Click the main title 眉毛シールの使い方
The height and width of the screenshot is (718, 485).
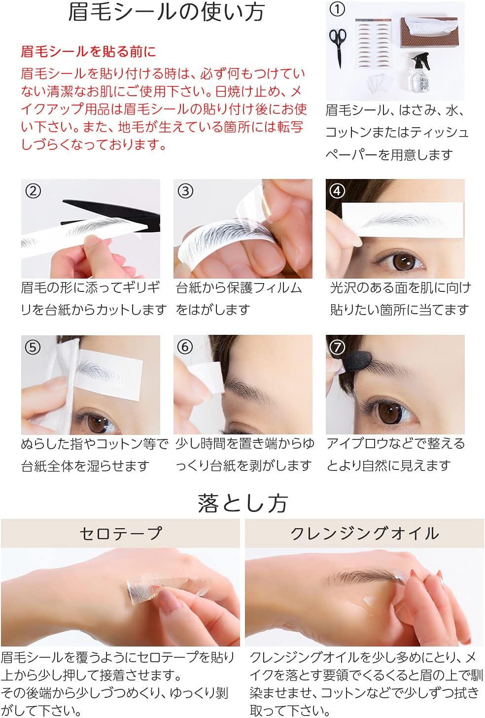(x=166, y=12)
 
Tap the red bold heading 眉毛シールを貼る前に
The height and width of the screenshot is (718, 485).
(x=88, y=52)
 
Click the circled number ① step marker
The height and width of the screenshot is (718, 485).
(x=337, y=9)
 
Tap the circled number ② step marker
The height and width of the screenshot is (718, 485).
(x=33, y=191)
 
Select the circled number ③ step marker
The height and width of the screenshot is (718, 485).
(x=185, y=191)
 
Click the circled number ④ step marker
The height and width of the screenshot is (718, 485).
(x=337, y=191)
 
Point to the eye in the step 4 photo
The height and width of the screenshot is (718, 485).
(x=399, y=261)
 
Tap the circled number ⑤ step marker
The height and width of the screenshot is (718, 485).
(x=33, y=347)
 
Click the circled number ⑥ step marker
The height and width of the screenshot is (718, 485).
(x=185, y=347)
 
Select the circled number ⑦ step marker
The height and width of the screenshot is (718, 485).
(x=337, y=347)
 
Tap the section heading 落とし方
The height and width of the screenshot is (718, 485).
(x=242, y=503)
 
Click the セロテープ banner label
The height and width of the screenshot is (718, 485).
(x=120, y=534)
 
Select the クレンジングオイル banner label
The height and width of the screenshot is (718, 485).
(x=364, y=534)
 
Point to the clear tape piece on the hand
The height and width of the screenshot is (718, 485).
(x=148, y=588)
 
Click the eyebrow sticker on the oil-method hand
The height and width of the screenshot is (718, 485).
(x=365, y=577)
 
